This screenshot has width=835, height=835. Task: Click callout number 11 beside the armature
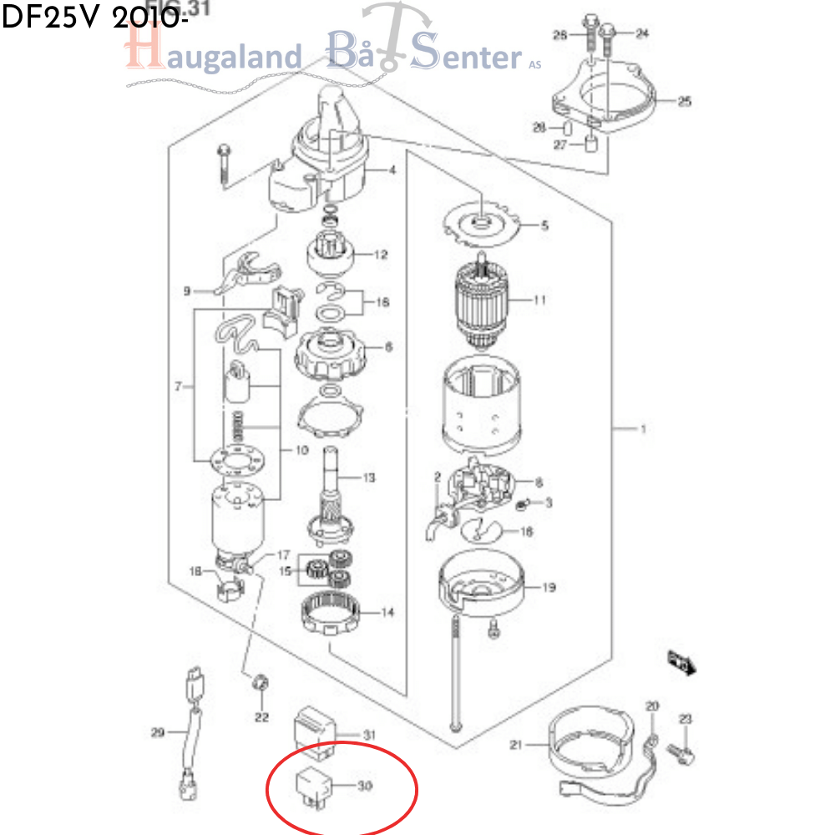539,300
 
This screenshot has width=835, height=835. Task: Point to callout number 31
369,735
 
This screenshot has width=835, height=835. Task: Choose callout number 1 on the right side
643,430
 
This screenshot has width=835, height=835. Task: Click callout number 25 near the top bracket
684,102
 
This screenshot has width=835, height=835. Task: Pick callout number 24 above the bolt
641,33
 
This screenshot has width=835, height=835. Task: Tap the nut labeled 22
260,685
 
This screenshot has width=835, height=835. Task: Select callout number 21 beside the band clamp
516,745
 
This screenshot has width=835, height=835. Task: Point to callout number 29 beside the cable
158,733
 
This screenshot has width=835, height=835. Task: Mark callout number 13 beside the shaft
368,478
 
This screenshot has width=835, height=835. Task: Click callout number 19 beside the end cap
548,588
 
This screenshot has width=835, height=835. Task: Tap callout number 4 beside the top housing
392,171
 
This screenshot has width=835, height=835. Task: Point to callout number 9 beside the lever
187,291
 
